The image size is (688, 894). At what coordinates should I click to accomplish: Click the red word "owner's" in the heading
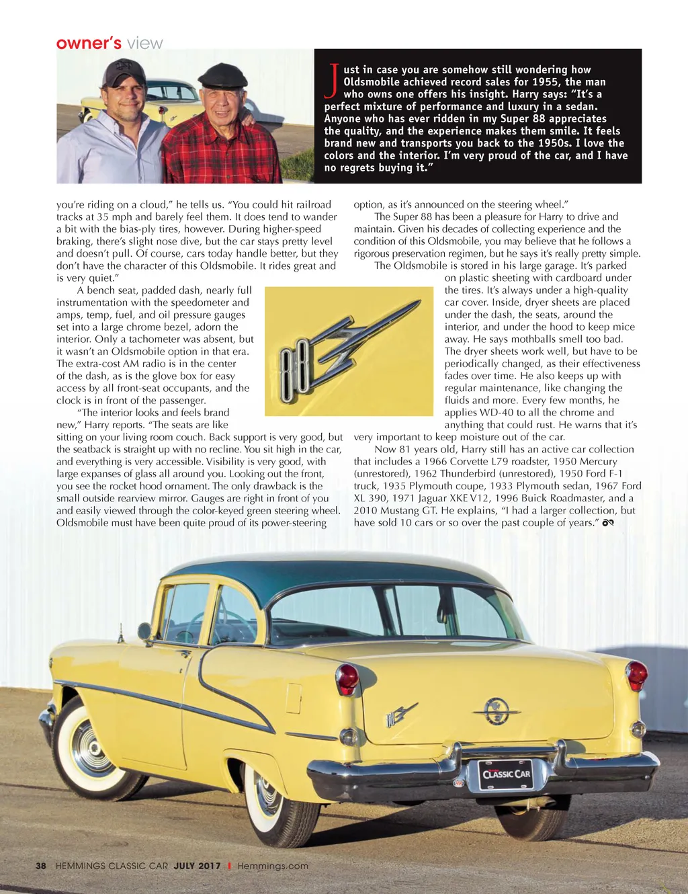click(89, 44)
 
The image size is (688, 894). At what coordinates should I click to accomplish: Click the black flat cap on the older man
click(222, 76)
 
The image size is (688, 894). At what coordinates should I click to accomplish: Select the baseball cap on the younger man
click(125, 71)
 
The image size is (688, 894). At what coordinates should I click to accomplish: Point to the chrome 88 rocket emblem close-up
click(349, 350)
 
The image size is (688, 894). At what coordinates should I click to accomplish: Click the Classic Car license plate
click(506, 774)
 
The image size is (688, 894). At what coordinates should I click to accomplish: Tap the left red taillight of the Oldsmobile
click(347, 678)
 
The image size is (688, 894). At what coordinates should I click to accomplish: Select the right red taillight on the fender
click(636, 674)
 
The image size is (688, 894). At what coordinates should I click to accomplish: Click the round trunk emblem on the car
click(496, 710)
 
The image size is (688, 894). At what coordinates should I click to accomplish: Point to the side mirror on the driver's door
click(144, 631)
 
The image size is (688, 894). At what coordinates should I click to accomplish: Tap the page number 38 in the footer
click(41, 866)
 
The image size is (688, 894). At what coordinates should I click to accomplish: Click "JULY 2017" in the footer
click(197, 866)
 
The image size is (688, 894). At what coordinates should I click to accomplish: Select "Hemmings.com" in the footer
click(273, 866)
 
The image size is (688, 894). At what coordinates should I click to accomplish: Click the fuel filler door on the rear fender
click(294, 698)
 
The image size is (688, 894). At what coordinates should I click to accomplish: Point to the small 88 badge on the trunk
click(401, 715)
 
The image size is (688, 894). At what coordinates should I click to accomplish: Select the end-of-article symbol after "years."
click(609, 523)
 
